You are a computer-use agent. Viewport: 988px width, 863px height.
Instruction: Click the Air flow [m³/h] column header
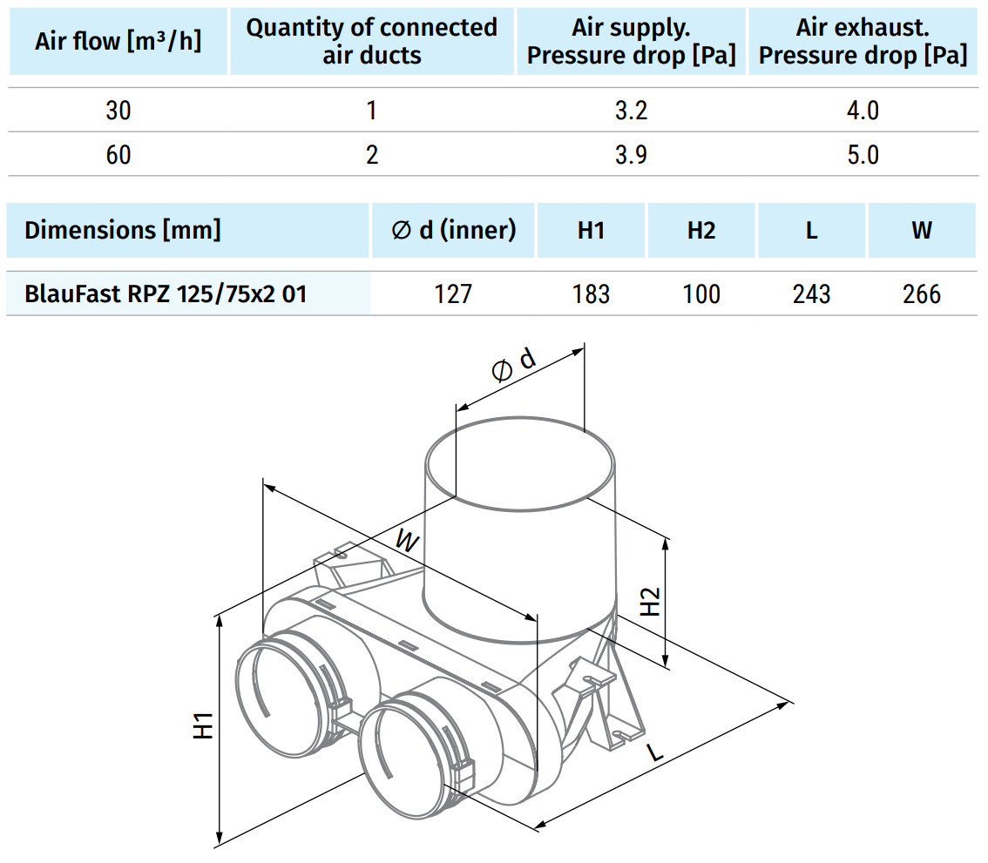pyautogui.click(x=118, y=41)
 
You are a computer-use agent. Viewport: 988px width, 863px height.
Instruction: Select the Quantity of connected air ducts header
pyautogui.click(x=372, y=41)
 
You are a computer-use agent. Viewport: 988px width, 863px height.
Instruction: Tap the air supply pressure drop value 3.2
pyautogui.click(x=631, y=111)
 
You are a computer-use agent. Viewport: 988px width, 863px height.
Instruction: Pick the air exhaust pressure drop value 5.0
pyautogui.click(x=863, y=154)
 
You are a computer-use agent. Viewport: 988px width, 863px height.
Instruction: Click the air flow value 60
pyautogui.click(x=118, y=154)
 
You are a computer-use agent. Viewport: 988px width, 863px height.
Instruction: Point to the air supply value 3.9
pyautogui.click(x=631, y=154)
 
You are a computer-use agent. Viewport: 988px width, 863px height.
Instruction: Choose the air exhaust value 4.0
pyautogui.click(x=863, y=111)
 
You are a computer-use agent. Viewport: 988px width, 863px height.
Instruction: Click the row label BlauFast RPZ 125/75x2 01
pyautogui.click(x=165, y=294)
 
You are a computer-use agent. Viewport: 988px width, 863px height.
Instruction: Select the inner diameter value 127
pyautogui.click(x=453, y=294)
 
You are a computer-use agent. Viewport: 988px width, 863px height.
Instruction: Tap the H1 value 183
pyautogui.click(x=591, y=294)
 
